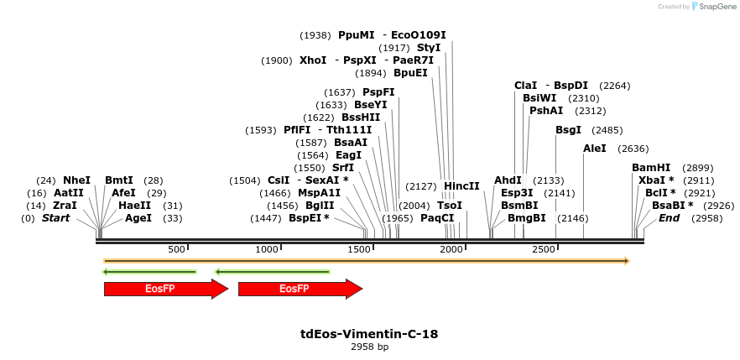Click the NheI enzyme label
[x=76, y=180]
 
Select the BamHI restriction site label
[x=651, y=168]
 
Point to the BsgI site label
[x=568, y=130]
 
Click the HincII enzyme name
[x=461, y=186]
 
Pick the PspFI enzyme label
[x=378, y=92]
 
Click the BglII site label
[x=320, y=206]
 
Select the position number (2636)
[x=633, y=149]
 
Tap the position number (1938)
[x=315, y=35]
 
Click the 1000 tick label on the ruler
[x=266, y=249]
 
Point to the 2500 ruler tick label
[x=544, y=249]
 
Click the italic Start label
[x=56, y=218]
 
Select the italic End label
[x=669, y=218]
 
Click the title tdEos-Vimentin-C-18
[x=369, y=334]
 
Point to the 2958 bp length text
[x=369, y=347]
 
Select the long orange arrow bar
[x=366, y=261]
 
